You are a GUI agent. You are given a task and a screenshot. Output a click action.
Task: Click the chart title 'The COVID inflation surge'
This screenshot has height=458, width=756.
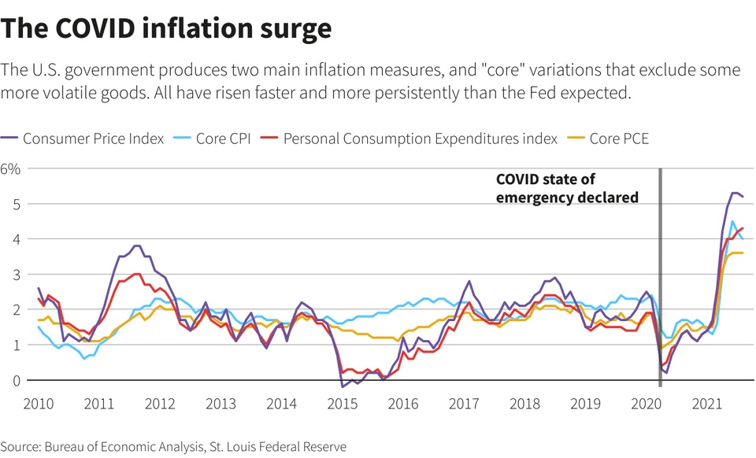coord(166,28)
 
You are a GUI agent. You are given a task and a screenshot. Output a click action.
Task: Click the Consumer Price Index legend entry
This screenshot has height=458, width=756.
coord(93,139)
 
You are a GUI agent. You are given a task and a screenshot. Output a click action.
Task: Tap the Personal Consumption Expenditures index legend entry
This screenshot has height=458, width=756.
coord(420,139)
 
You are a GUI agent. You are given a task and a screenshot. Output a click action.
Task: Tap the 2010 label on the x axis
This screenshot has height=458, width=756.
coord(39,404)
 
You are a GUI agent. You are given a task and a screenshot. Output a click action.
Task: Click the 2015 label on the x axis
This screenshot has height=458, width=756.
coord(343,404)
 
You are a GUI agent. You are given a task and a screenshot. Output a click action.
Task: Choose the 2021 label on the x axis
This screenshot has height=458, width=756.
coord(707,404)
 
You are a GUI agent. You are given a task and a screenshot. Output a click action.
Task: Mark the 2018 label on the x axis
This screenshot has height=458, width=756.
coord(525,404)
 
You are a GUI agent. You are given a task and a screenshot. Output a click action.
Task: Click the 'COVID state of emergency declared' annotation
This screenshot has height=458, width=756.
coord(567,189)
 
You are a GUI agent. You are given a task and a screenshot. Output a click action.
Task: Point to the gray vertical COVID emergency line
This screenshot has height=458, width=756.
coord(660,275)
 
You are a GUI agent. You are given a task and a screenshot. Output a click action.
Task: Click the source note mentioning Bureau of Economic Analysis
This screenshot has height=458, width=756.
coord(173,447)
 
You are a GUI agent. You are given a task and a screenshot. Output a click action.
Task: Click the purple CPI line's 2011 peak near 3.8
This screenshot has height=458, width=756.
coord(136,246)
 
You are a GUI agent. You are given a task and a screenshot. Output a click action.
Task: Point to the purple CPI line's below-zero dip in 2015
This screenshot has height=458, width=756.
coord(343,386)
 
